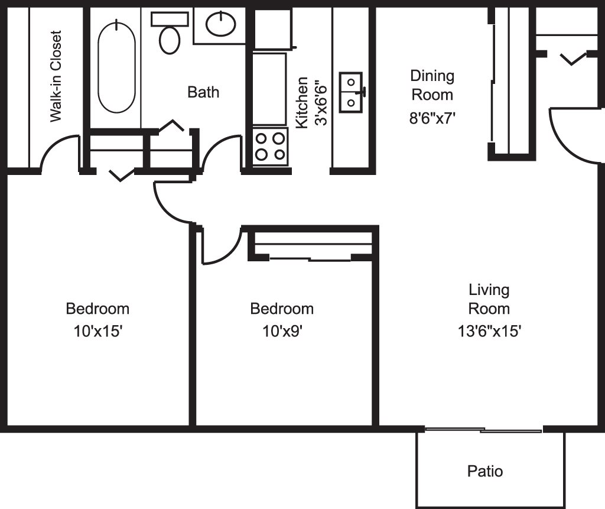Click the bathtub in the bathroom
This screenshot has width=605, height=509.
coord(116,66)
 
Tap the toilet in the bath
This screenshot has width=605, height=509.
coord(170,37)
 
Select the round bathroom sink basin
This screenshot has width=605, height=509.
coord(221,24)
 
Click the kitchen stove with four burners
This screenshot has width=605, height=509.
coord(270,146)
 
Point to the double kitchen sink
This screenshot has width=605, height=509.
coord(352,92)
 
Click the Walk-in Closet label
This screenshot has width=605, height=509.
coord(56,76)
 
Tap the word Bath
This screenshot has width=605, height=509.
coord(203,92)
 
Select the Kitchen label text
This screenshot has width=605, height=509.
coord(302,102)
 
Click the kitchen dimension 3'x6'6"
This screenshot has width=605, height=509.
coord(321,102)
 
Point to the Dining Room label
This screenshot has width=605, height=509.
coord(432,85)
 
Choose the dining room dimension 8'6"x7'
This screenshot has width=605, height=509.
coord(432,118)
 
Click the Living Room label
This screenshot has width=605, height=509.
coord(489,299)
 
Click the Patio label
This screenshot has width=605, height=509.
coord(485,471)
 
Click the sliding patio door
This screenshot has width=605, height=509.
coord(483,430)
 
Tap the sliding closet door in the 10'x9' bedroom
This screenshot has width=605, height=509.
coord(310,258)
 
